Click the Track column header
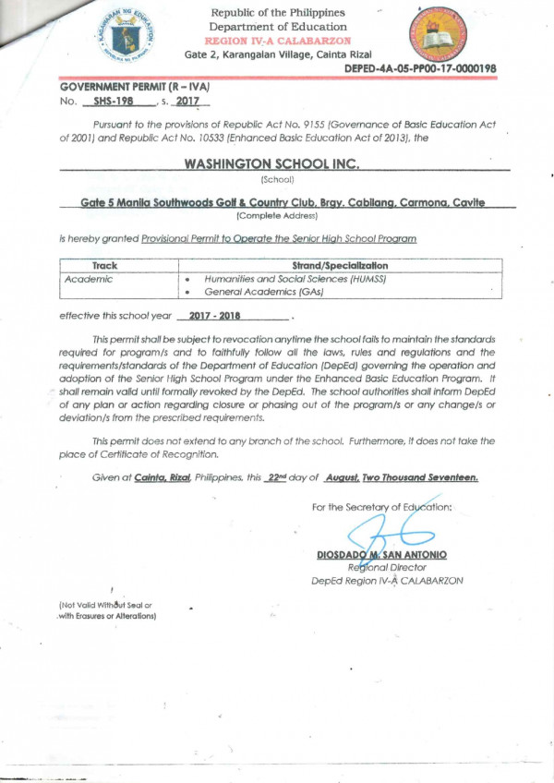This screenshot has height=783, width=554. [118, 265]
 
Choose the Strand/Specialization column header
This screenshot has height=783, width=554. [339, 265]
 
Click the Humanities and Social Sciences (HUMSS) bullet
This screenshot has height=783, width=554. [295, 278]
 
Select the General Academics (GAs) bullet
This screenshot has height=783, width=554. [256, 291]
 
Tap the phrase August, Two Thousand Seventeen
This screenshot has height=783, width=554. [400, 477]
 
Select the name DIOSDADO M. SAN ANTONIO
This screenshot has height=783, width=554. [381, 555]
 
